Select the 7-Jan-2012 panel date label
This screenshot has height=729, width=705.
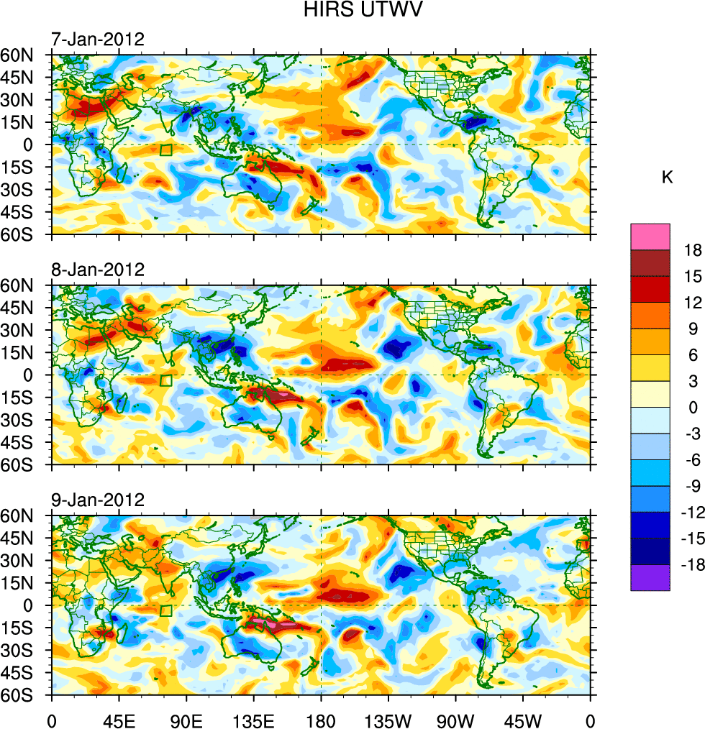(x=97, y=39)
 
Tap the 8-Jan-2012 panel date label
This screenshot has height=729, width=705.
(x=97, y=270)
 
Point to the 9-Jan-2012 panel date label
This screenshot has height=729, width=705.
(x=97, y=500)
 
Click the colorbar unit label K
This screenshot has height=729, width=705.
(x=668, y=178)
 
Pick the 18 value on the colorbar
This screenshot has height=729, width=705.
(x=693, y=249)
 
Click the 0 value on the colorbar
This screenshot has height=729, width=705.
(x=693, y=407)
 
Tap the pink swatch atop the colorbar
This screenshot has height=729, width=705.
(x=650, y=237)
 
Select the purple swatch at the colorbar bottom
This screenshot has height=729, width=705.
(x=650, y=578)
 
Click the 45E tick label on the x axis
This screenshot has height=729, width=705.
(x=118, y=718)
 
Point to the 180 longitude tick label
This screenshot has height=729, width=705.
(x=321, y=718)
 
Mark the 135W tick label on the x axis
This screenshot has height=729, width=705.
(x=388, y=718)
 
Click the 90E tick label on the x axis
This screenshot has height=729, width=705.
(x=186, y=718)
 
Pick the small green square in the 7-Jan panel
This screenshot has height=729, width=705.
(x=166, y=150)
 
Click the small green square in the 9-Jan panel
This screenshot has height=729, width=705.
(x=166, y=611)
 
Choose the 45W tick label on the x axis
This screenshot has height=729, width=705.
(x=523, y=718)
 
